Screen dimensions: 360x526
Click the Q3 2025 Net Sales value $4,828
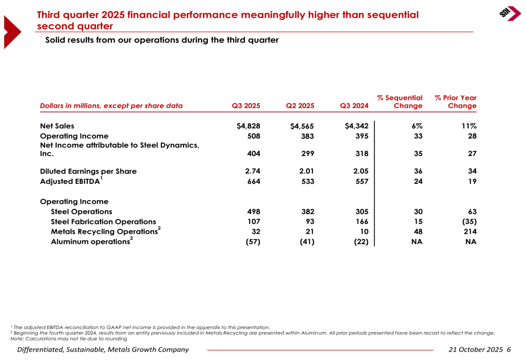click(x=248, y=126)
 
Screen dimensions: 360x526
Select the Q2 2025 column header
click(x=300, y=106)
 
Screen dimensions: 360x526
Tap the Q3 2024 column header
click(x=355, y=106)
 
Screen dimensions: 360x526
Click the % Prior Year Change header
click(x=456, y=102)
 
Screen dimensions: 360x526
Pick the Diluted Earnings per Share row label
click(x=88, y=171)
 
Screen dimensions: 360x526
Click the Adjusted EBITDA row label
click(x=71, y=182)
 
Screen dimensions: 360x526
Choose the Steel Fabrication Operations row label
click(x=103, y=222)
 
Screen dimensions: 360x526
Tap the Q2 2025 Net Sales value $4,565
click(x=302, y=126)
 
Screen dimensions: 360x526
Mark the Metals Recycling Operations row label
click(x=106, y=232)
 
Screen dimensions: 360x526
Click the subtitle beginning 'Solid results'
click(x=161, y=40)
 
